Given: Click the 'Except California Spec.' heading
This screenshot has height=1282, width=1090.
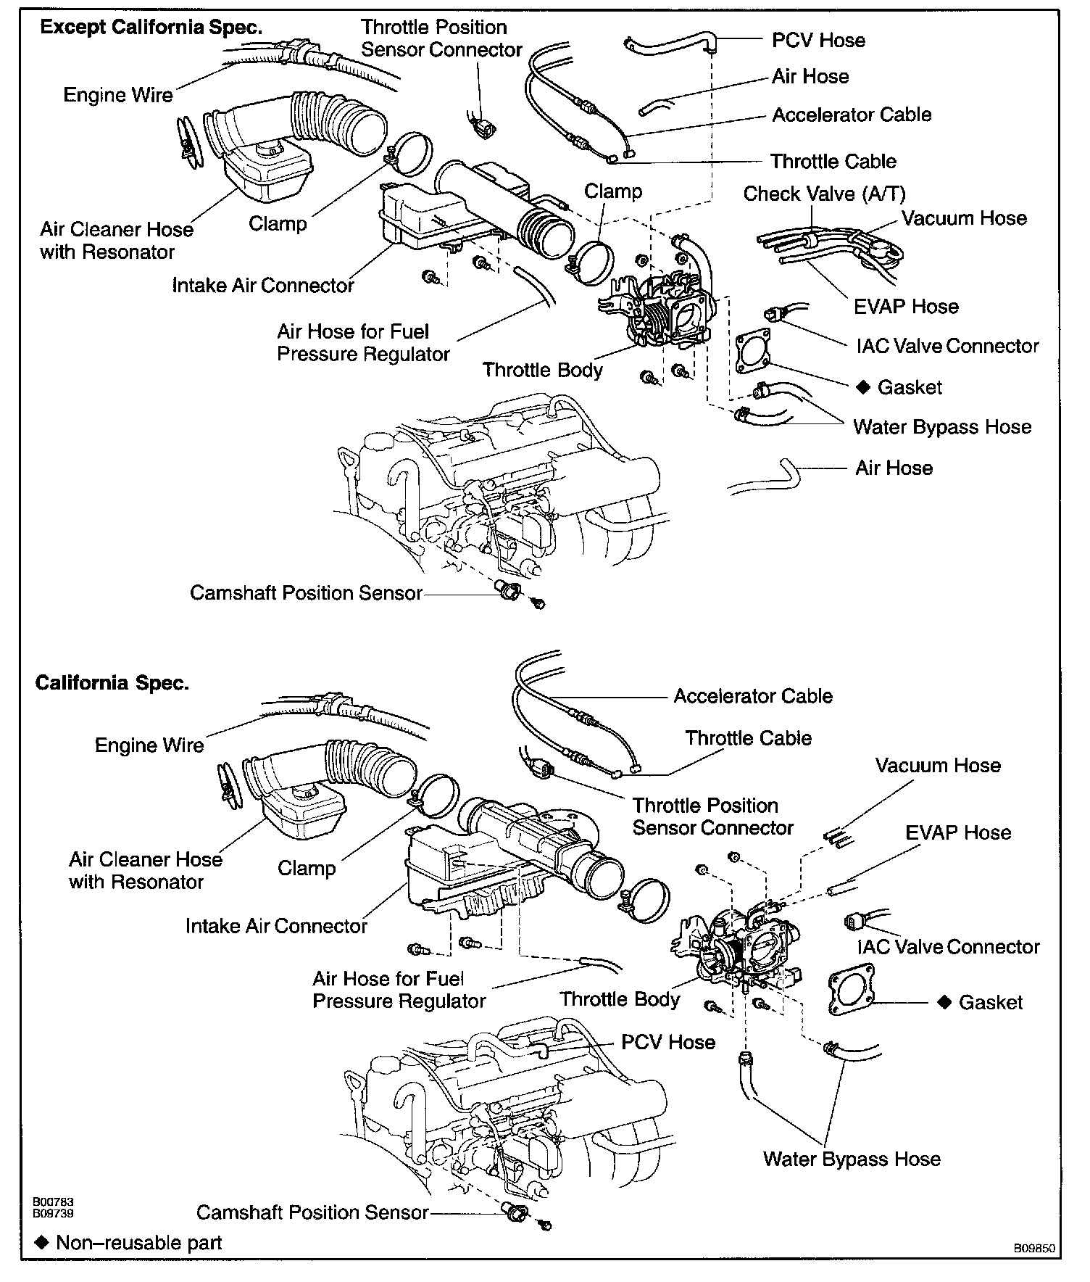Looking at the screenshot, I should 150,28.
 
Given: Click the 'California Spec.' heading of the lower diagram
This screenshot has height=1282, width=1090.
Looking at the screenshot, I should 112,683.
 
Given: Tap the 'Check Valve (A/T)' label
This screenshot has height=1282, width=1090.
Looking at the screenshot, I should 824,194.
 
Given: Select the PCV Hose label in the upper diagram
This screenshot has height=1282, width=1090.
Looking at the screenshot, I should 818,40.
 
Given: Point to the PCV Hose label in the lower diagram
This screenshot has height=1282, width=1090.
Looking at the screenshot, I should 667,1042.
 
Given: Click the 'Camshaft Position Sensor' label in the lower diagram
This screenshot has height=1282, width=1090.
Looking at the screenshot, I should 312,1212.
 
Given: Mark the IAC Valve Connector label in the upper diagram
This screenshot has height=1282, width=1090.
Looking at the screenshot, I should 947,346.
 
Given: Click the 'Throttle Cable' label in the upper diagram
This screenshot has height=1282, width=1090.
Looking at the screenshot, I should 833,161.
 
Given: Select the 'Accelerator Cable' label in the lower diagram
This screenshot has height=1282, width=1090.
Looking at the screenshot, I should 753,696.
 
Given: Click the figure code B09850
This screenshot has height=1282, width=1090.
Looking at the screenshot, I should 1034,1249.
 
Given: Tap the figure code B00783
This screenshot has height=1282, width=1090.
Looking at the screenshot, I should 52,1202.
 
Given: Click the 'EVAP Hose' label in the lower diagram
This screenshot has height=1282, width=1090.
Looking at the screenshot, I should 957,832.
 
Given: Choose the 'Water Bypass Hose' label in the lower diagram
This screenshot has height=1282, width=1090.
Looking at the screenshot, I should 852,1159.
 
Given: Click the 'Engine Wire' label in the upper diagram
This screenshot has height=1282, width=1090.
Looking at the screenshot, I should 118,95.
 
